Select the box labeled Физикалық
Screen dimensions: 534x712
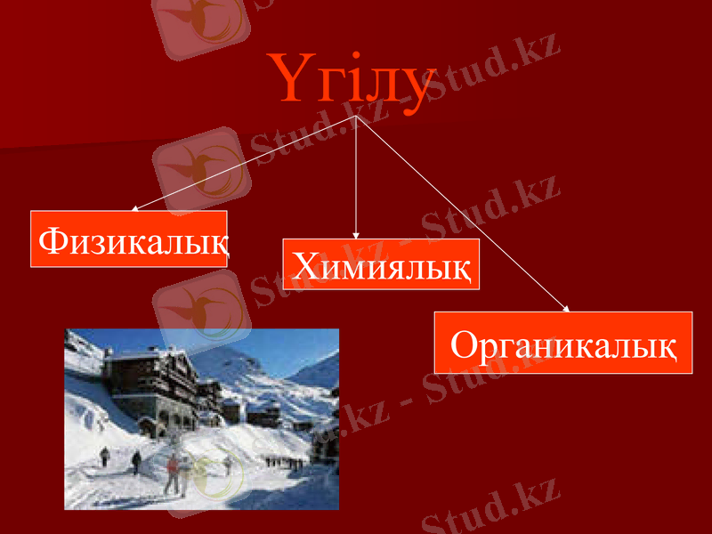point(129,239)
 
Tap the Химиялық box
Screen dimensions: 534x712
point(381,263)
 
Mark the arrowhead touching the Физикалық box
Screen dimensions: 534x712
point(134,209)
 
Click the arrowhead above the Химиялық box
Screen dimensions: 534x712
point(356,235)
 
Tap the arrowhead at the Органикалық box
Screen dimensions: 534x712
point(566,309)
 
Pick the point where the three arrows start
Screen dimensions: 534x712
point(356,117)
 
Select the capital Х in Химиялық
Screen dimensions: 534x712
point(306,264)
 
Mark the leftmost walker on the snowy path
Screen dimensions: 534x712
point(104,457)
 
